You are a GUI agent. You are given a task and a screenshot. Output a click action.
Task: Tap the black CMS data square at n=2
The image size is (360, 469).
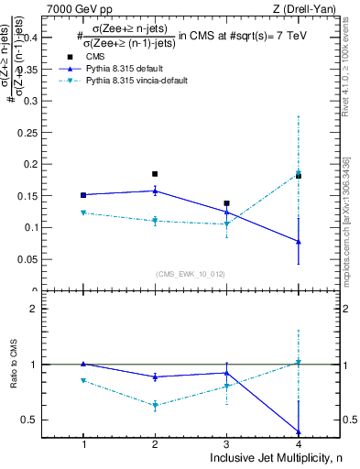click(x=155, y=173)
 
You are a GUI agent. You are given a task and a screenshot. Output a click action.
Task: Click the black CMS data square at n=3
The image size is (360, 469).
click(x=226, y=203)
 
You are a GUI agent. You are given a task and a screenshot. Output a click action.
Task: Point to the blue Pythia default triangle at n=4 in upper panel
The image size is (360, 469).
click(x=299, y=241)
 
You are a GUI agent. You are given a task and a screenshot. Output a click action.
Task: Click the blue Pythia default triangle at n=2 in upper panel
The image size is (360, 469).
click(x=155, y=191)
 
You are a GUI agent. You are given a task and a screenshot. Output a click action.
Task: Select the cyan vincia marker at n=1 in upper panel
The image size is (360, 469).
click(x=83, y=213)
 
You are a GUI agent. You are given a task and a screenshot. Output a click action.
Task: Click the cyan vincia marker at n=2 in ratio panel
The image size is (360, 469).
click(x=155, y=405)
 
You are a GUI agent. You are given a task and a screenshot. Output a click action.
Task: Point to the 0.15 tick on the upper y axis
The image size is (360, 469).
click(x=43, y=195)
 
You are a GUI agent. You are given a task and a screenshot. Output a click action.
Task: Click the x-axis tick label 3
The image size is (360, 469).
click(x=226, y=444)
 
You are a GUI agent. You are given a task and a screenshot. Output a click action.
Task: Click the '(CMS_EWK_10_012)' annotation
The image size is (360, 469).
click(x=191, y=273)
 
